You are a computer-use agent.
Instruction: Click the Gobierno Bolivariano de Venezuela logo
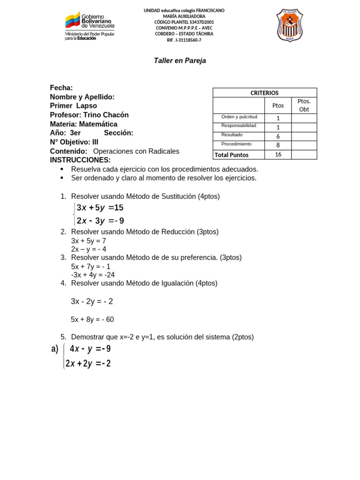tap(90, 26)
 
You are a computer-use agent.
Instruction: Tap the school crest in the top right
tap(290, 25)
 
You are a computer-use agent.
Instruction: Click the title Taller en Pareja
tap(180, 60)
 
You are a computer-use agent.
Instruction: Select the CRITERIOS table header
tap(264, 93)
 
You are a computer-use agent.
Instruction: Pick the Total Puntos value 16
tap(278, 155)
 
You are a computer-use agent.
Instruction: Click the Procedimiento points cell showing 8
tap(278, 145)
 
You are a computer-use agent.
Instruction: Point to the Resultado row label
tap(232, 135)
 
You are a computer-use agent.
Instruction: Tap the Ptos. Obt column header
tap(304, 105)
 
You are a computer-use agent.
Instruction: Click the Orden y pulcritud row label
tap(239, 117)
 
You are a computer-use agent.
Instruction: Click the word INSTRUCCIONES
tap(80, 160)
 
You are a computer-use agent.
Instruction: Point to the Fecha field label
tap(61, 88)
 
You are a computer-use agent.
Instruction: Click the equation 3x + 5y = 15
tap(100, 208)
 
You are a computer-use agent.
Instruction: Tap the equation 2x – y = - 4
tap(89, 249)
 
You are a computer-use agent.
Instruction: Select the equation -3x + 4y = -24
tap(93, 275)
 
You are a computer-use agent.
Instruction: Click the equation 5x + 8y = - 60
tap(92, 320)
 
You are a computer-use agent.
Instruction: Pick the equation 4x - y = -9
tap(90, 349)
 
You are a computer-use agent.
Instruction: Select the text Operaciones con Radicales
tap(136, 151)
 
